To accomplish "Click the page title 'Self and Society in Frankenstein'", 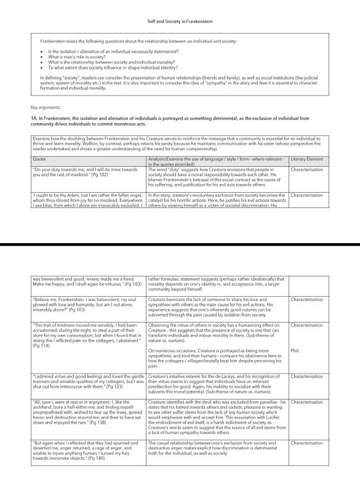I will (180, 21).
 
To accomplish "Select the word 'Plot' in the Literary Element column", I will (294, 350).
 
